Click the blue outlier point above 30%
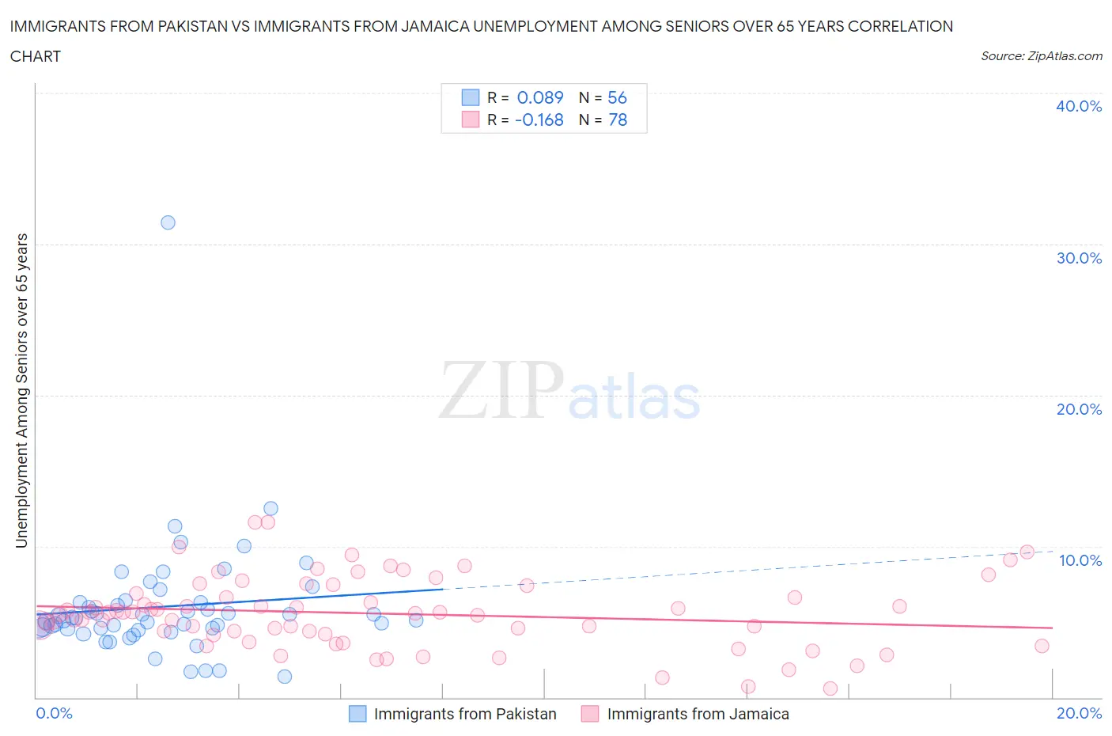pyautogui.click(x=168, y=222)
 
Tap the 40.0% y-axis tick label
pyautogui.click(x=1078, y=106)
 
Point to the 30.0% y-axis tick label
pyautogui.click(x=1078, y=258)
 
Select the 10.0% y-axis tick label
pyautogui.click(x=1080, y=560)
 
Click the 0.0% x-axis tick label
pyautogui.click(x=54, y=713)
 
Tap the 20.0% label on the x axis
pyautogui.click(x=1079, y=713)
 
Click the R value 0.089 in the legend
pyautogui.click(x=539, y=97)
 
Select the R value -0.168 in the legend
pyautogui.click(x=539, y=120)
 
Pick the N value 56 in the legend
pyautogui.click(x=617, y=97)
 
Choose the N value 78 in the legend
pyautogui.click(x=617, y=120)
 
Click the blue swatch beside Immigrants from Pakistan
pyautogui.click(x=357, y=714)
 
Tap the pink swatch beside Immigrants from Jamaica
pyautogui.click(x=590, y=714)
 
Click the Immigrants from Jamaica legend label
pyautogui.click(x=698, y=714)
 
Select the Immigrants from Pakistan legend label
pyautogui.click(x=465, y=714)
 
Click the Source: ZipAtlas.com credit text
pyautogui.click(x=1041, y=55)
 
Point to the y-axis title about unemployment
pyautogui.click(x=21, y=390)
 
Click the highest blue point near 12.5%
pyautogui.click(x=270, y=509)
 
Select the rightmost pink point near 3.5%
pyautogui.click(x=1042, y=646)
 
